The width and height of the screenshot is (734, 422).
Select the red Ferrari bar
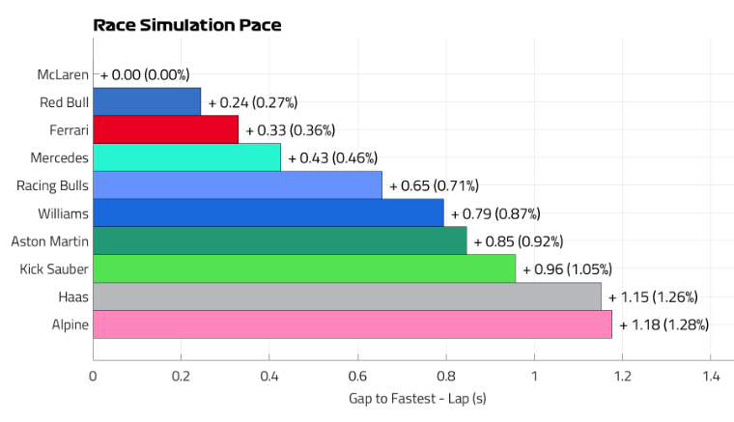165,129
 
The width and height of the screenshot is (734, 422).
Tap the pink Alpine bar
353,324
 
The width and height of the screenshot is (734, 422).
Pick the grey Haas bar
347,296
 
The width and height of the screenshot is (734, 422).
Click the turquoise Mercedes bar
186,157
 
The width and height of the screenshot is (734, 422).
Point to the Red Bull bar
147,101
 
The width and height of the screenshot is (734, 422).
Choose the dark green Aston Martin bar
280,240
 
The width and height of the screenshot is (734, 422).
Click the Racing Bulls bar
238,185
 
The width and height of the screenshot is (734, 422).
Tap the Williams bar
268,212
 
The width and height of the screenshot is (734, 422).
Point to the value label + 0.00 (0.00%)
145,74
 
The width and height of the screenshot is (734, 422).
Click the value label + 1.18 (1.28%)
663,324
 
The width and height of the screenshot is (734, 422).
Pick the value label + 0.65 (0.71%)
434,185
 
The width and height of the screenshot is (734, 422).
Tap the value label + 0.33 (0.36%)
290,129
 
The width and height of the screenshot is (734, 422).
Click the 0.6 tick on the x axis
357,378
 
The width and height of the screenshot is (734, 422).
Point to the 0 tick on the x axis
94,378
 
